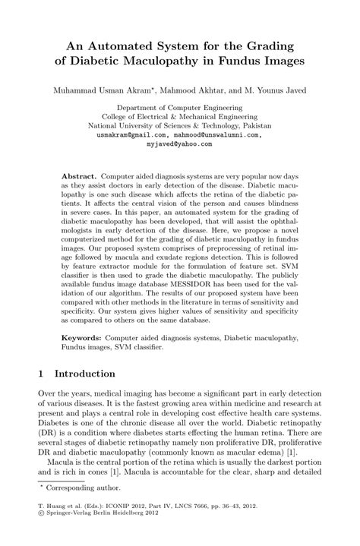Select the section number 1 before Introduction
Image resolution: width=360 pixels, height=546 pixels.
[42, 374]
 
